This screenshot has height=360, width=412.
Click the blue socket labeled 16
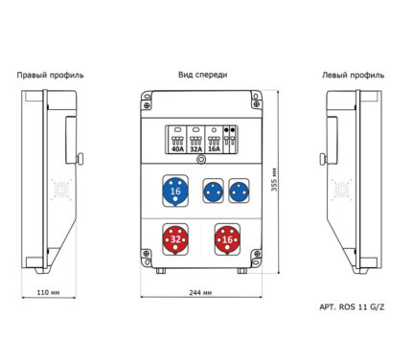pyautogui.click(x=175, y=191)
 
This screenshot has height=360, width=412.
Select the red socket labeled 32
pyautogui.click(x=175, y=239)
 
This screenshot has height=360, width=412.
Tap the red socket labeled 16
pyautogui.click(x=227, y=239)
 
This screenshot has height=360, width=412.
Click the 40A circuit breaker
pyautogui.click(x=177, y=140)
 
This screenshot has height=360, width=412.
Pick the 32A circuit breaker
pyautogui.click(x=195, y=140)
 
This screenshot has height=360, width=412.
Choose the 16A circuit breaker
pyautogui.click(x=214, y=140)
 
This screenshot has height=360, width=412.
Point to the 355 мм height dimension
pyautogui.click(x=274, y=180)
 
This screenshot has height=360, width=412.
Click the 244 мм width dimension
pyautogui.click(x=200, y=292)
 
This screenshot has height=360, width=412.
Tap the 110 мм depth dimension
pyautogui.click(x=48, y=292)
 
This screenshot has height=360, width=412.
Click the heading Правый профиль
pyautogui.click(x=50, y=76)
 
